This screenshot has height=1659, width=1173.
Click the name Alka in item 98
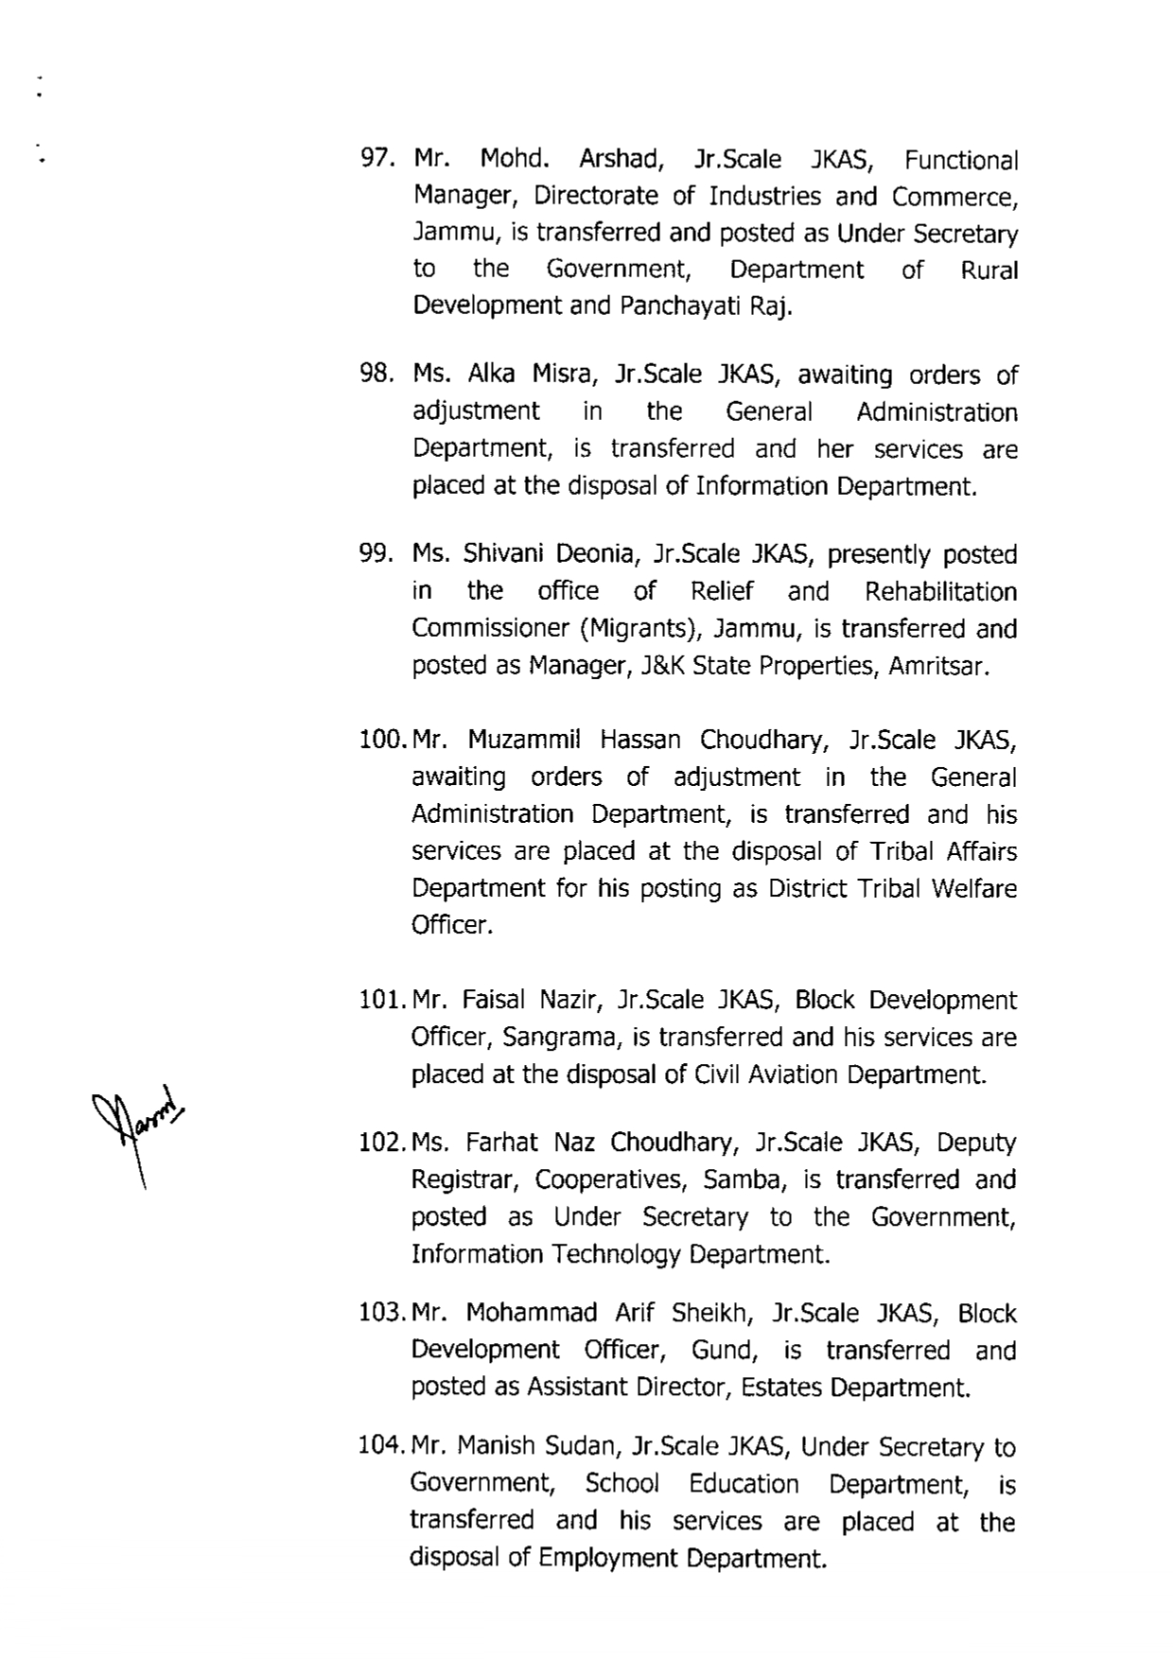(491, 375)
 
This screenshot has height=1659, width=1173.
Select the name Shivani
(500, 554)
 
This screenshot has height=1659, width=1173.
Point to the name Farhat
(497, 1143)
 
